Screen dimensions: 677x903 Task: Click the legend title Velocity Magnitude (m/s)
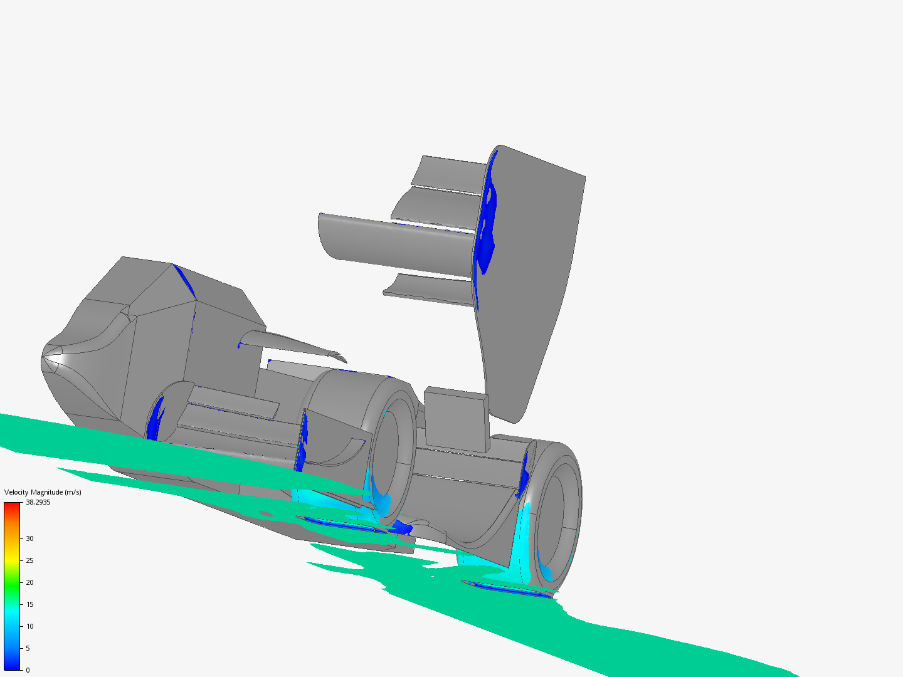[43, 492]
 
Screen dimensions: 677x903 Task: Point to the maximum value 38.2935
[38, 502]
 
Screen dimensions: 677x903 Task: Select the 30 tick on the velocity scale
[29, 538]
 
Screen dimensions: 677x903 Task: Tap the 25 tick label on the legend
[29, 560]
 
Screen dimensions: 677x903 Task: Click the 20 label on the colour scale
[29, 582]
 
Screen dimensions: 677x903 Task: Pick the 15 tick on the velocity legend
[29, 604]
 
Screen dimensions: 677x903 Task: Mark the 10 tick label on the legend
[29, 626]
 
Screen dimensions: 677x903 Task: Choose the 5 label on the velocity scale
[28, 648]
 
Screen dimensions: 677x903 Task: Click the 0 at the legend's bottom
[28, 670]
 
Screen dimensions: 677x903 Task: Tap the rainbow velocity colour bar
[12, 586]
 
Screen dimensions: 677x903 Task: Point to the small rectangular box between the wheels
[456, 419]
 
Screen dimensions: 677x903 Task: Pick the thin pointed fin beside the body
[295, 344]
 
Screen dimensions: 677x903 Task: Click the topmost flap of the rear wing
[450, 172]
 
